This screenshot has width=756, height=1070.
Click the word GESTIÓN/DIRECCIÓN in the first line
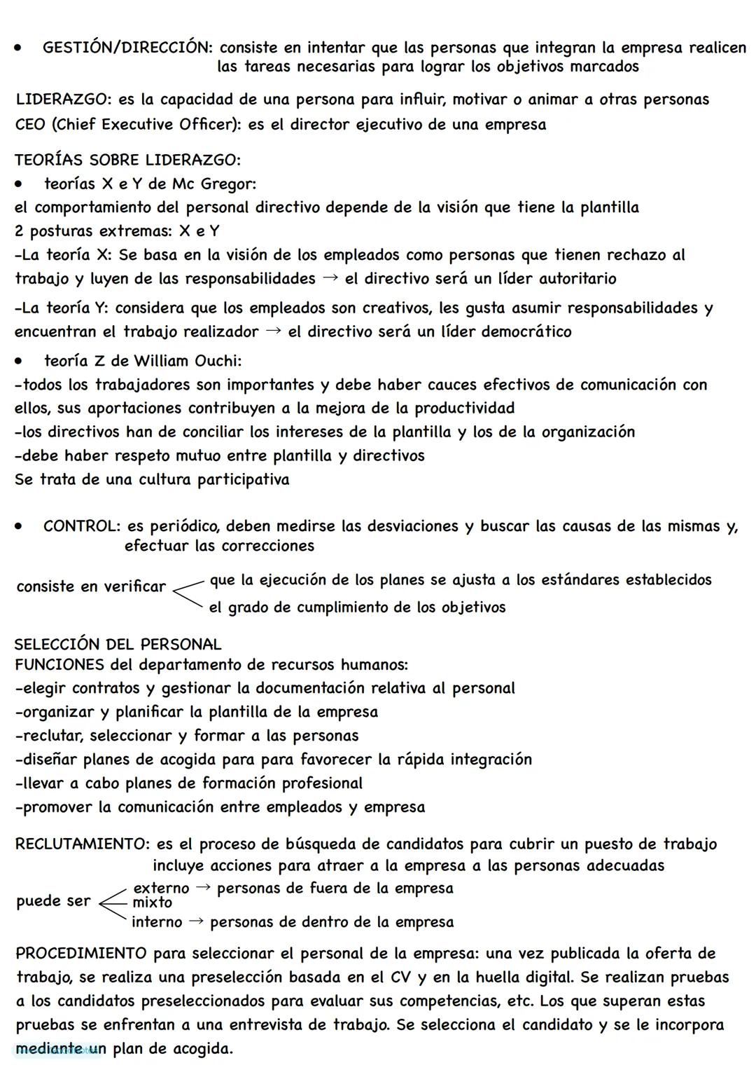(x=126, y=48)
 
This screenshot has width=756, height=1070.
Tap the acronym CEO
(x=30, y=125)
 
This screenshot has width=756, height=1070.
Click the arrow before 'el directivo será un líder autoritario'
(x=330, y=277)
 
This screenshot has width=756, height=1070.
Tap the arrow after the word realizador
(x=274, y=331)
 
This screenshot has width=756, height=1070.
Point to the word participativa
(x=243, y=480)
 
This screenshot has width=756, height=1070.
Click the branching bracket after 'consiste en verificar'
(x=188, y=593)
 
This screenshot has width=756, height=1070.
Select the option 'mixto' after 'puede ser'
(x=152, y=903)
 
